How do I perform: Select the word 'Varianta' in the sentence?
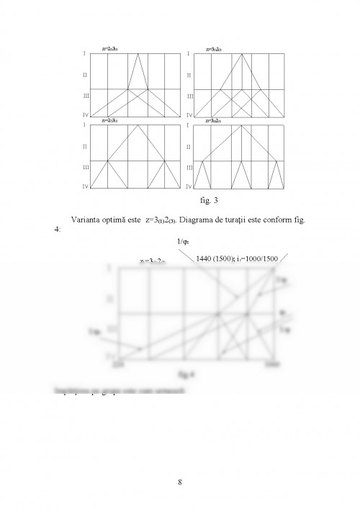pos(88,220)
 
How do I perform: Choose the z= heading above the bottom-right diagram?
pos(215,120)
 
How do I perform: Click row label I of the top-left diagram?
pos(84,53)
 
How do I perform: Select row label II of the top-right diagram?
pos(189,75)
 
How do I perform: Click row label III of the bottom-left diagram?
pos(84,167)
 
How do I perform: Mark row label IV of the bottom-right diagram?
pos(189,186)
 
